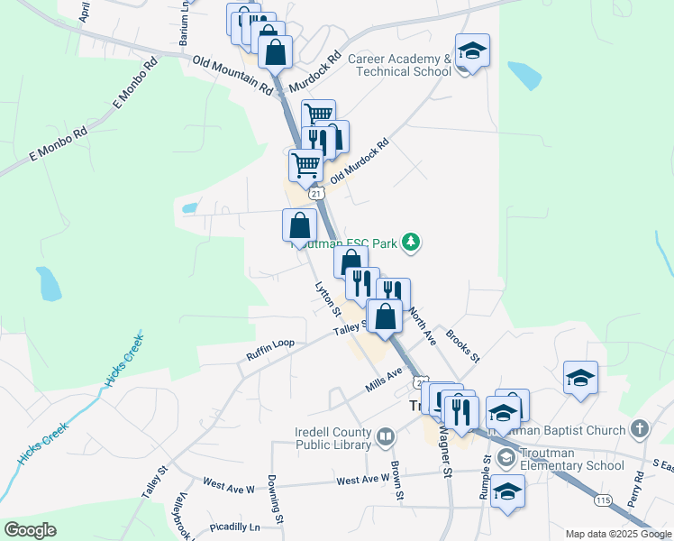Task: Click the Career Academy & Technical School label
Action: (399, 65)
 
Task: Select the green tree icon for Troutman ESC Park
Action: (411, 241)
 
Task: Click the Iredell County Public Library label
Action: (333, 438)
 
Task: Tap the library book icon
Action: (386, 438)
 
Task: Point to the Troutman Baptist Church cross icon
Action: (640, 428)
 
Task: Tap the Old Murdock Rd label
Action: (359, 161)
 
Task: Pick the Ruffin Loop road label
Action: (270, 350)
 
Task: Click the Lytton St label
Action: (326, 300)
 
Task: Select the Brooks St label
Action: (463, 346)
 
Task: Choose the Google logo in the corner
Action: (30, 530)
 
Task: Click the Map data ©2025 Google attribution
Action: (618, 534)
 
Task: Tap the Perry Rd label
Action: (639, 492)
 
